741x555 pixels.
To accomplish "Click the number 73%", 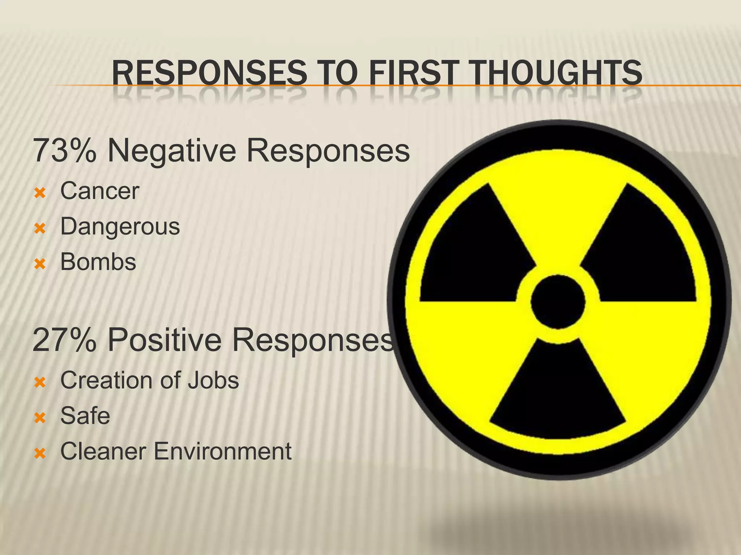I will tap(64, 151).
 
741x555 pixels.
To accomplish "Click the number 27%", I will tap(64, 340).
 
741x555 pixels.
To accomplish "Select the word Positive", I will tap(165, 340).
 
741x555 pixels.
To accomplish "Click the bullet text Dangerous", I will tap(120, 227).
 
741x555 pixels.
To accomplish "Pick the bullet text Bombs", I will tap(98, 262).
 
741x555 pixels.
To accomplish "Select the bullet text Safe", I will tap(85, 416).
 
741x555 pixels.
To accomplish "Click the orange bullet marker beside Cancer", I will tap(40, 193).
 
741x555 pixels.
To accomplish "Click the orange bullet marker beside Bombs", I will tap(40, 264).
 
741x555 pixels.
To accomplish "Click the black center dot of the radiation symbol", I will tap(558, 302).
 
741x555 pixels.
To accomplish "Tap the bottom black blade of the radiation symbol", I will tap(558, 397).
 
